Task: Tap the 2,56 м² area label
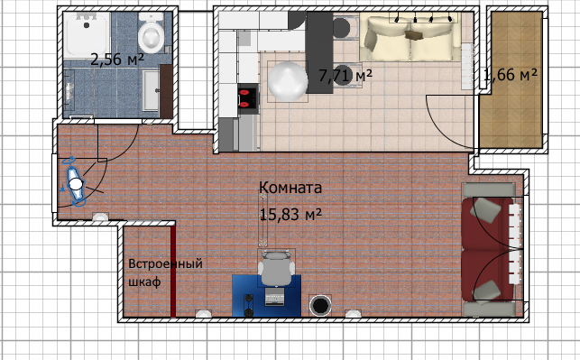pyautogui.click(x=117, y=60)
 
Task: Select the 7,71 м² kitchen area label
pyautogui.click(x=345, y=76)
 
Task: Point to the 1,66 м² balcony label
pyautogui.click(x=511, y=74)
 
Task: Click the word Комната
pyautogui.click(x=290, y=188)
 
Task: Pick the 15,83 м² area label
pyautogui.click(x=290, y=214)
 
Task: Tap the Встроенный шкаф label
pyautogui.click(x=165, y=272)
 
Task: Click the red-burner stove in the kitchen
pyautogui.click(x=247, y=98)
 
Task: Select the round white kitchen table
pyautogui.click(x=288, y=81)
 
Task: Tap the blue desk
pyautogui.click(x=266, y=296)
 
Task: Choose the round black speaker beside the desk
pyautogui.click(x=320, y=306)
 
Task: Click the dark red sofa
pyautogui.click(x=487, y=249)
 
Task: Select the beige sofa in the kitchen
pyautogui.click(x=410, y=37)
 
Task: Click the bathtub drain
pyautogui.click(x=87, y=25)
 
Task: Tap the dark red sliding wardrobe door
pyautogui.click(x=173, y=271)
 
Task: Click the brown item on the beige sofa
pyautogui.click(x=414, y=35)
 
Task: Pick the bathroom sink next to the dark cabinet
pyautogui.click(x=152, y=90)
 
